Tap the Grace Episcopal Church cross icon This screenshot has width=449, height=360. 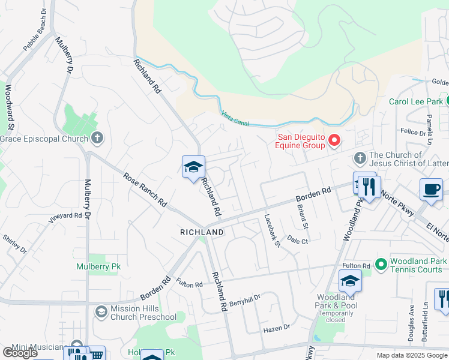click(97, 139)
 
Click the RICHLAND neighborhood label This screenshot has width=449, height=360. click(202, 232)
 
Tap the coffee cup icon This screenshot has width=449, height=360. click(430, 189)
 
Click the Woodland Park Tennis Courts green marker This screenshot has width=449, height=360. click(380, 263)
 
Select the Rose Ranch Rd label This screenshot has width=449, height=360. click(145, 191)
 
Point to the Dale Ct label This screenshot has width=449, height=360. click(297, 240)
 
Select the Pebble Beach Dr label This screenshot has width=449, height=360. click(34, 38)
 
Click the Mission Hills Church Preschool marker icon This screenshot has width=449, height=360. click(100, 311)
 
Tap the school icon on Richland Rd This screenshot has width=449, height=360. click(193, 167)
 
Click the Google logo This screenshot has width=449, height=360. click(19, 353)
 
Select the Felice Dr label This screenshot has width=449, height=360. click(413, 130)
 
